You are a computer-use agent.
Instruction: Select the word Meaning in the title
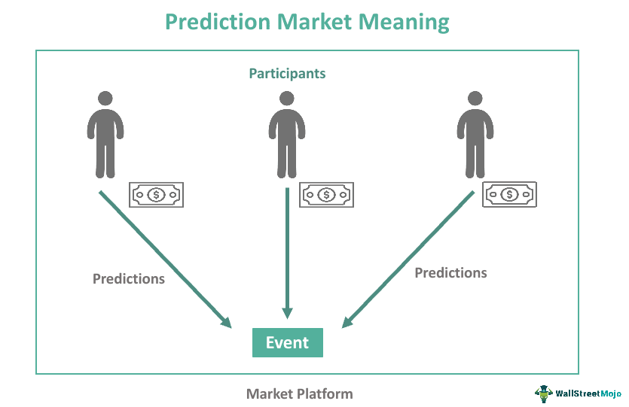pos(408,22)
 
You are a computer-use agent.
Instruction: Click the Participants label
pos(287,74)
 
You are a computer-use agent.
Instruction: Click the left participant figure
pos(105,135)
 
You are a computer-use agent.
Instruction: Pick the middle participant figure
pos(286,135)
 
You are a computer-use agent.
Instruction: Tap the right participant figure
pos(475,135)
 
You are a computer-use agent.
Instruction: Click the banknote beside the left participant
pos(156,195)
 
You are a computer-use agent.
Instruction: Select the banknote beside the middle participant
pos(326,195)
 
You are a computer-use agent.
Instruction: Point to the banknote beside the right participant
pos(510,194)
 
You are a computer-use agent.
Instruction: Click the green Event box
pos(287,343)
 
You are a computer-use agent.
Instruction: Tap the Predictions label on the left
pos(129,278)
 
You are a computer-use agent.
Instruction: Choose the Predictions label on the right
pos(450,272)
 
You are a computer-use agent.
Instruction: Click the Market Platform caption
pos(299,393)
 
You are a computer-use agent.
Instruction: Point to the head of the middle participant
pos(286,99)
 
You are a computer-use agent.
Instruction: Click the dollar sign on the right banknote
pos(510,194)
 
